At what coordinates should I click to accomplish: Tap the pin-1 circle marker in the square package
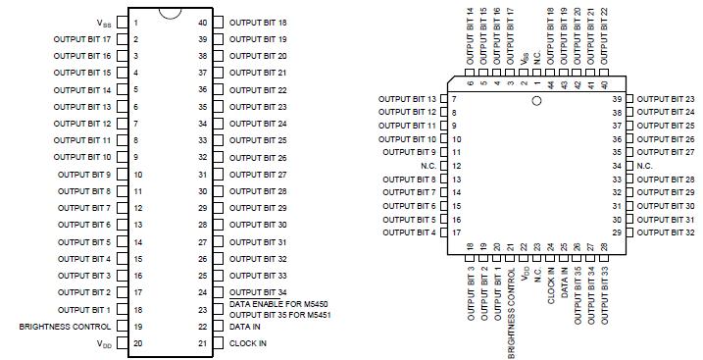[536, 101]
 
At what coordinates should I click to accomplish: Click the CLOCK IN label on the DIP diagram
[247, 343]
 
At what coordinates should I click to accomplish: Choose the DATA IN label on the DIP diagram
[244, 327]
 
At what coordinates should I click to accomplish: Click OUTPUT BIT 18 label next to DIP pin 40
[258, 22]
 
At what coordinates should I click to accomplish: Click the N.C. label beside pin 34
[644, 166]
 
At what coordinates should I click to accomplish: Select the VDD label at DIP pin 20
[104, 344]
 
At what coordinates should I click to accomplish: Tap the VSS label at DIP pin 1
[104, 22]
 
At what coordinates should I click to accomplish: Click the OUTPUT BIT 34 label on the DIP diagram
[258, 292]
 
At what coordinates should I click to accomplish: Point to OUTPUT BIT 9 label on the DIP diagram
[84, 174]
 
